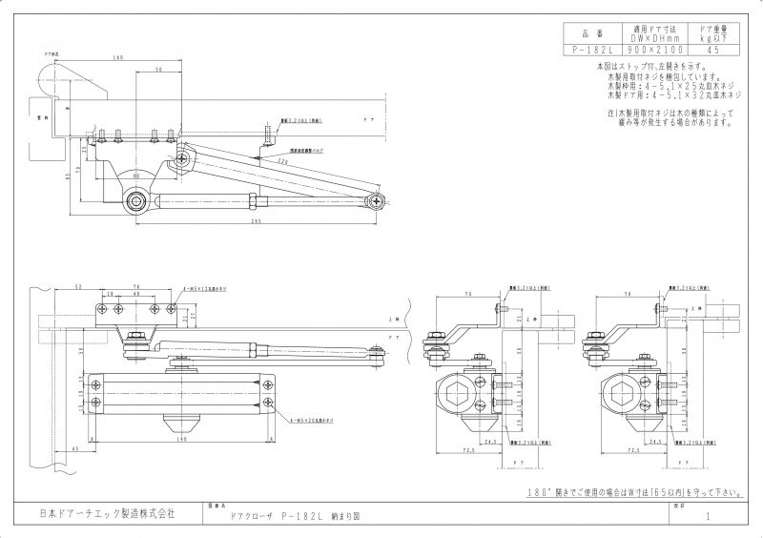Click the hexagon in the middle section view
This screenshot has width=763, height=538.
pos(459,391)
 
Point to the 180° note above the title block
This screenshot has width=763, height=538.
pos(633,493)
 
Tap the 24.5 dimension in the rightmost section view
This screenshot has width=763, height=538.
pos(657,443)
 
